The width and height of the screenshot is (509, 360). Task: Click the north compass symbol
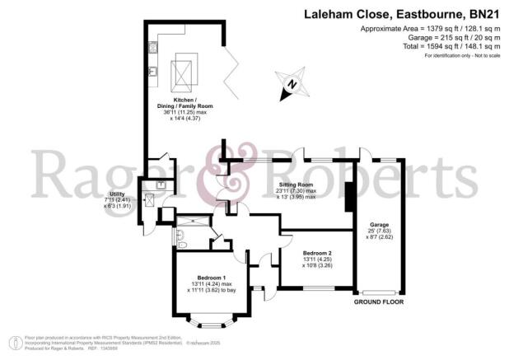tap(289, 83)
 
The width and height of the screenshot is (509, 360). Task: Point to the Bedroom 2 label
tap(317, 253)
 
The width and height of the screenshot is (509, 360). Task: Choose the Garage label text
tap(379, 223)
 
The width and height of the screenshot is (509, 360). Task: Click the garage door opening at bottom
tap(380, 293)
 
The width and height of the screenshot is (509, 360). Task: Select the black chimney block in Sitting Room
tap(349, 199)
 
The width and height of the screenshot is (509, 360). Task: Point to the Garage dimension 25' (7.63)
tap(379, 231)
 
